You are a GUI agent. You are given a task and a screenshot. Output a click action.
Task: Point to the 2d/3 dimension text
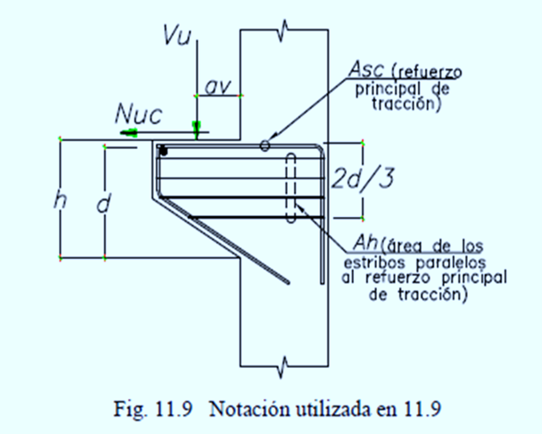pyautogui.click(x=361, y=178)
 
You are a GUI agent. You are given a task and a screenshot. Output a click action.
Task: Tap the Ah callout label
pyautogui.click(x=364, y=241)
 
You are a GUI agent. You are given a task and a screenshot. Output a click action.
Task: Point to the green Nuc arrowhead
pyautogui.click(x=130, y=131)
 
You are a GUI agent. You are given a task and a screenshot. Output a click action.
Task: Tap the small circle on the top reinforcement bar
pyautogui.click(x=265, y=146)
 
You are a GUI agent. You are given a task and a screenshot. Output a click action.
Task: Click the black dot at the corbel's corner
pyautogui.click(x=163, y=151)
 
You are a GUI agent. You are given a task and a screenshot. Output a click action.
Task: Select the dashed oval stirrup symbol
pyautogui.click(x=292, y=187)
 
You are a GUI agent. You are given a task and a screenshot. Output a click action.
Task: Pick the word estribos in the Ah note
pyautogui.click(x=375, y=263)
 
